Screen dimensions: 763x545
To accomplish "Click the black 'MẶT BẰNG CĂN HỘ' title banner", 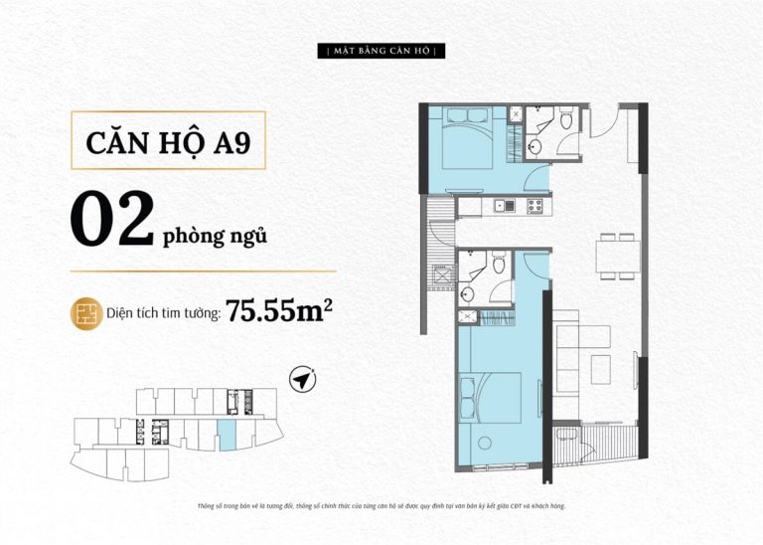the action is pyautogui.click(x=381, y=51).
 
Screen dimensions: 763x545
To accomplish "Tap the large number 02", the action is pyautogui.click(x=112, y=220).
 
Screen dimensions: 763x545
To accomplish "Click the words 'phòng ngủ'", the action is pyautogui.click(x=215, y=237).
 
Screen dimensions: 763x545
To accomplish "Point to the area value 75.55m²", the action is pyautogui.click(x=279, y=311).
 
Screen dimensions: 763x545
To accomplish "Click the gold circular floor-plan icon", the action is pyautogui.click(x=86, y=313).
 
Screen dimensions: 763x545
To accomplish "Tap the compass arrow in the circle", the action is pyautogui.click(x=302, y=379).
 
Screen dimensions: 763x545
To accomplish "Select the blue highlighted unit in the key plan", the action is pyautogui.click(x=227, y=435).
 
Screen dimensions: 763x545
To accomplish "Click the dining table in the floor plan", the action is pyautogui.click(x=618, y=257).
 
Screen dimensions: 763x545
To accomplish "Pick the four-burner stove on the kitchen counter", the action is pyautogui.click(x=535, y=206).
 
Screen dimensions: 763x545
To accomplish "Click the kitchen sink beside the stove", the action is pyautogui.click(x=504, y=206).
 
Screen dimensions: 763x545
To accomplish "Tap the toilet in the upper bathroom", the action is pyautogui.click(x=566, y=119).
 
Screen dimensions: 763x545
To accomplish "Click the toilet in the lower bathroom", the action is pyautogui.click(x=500, y=264).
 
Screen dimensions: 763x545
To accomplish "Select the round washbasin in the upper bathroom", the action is pyautogui.click(x=534, y=146).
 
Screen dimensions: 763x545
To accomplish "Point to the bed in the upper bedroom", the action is pyautogui.click(x=468, y=138).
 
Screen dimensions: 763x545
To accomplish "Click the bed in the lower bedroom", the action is pyautogui.click(x=490, y=399).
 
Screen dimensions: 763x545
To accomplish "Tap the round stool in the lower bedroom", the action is pyautogui.click(x=485, y=444).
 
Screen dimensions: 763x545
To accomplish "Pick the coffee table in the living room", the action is pyautogui.click(x=601, y=370).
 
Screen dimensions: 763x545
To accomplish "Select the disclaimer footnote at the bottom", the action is pyautogui.click(x=381, y=506).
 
